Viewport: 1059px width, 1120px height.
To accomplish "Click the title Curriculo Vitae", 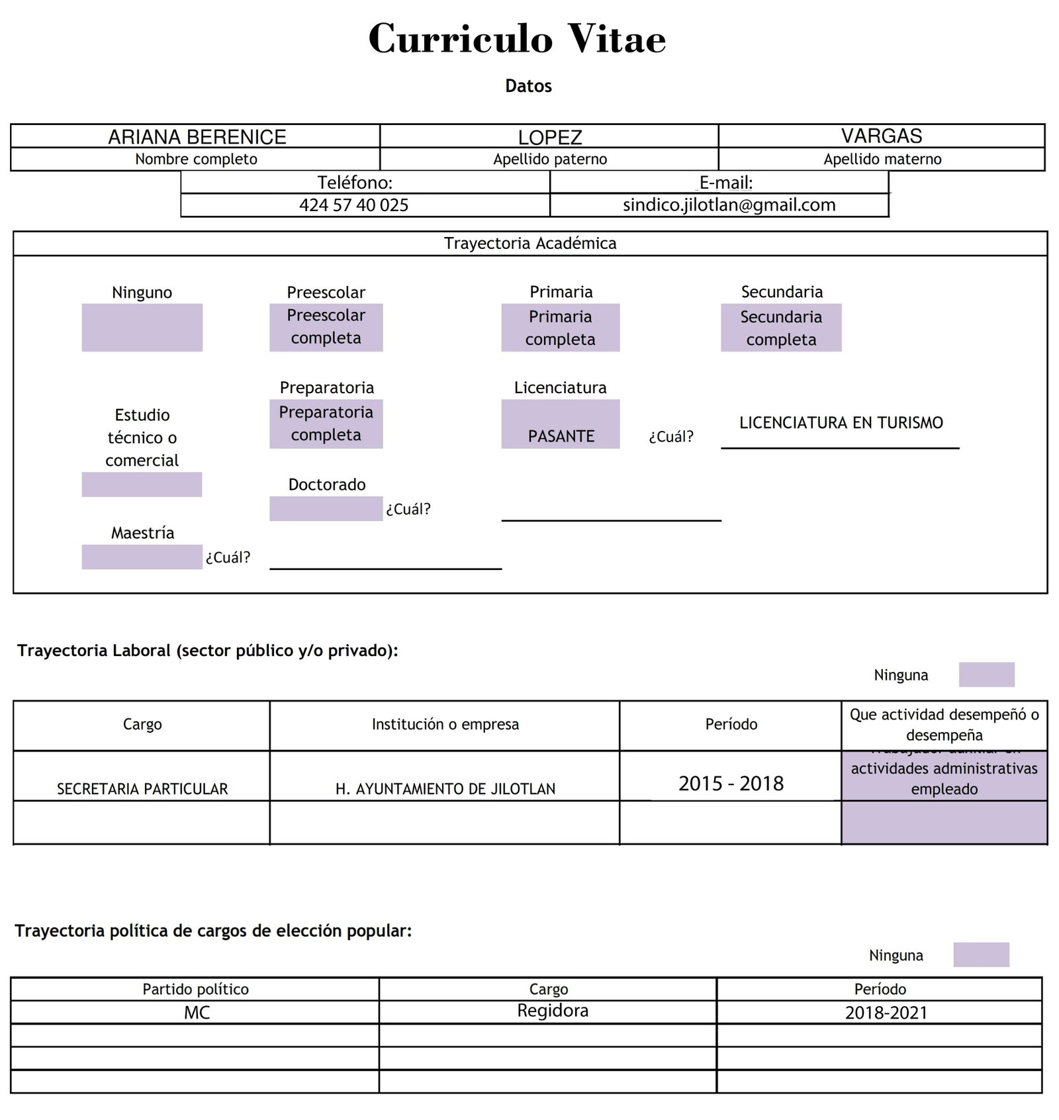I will click(517, 38).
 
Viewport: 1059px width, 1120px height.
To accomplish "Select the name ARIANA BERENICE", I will click(197, 137).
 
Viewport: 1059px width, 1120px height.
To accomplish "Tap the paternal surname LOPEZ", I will click(549, 138).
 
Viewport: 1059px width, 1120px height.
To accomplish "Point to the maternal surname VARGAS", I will click(882, 136).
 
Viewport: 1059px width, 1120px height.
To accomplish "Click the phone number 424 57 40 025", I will click(353, 205).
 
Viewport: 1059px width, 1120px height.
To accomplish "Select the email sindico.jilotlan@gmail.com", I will click(729, 205).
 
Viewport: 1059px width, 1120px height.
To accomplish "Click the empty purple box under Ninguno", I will click(142, 328).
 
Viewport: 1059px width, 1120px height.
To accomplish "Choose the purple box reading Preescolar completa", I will click(326, 327).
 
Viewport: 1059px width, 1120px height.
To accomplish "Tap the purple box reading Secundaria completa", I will click(781, 328).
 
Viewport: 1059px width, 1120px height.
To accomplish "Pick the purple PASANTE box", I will click(561, 424).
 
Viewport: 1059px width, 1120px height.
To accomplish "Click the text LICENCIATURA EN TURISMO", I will click(841, 423).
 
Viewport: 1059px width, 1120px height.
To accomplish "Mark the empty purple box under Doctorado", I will click(326, 509).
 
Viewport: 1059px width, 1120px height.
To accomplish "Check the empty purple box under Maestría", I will click(142, 557).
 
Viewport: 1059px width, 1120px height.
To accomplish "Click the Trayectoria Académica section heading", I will click(529, 244).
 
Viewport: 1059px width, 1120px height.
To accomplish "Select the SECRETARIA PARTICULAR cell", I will click(142, 788).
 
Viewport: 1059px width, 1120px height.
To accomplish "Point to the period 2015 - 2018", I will click(731, 784).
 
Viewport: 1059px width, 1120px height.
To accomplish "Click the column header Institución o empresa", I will click(445, 725).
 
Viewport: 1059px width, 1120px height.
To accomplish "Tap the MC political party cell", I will click(197, 1013).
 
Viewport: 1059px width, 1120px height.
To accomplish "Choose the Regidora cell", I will click(552, 1011).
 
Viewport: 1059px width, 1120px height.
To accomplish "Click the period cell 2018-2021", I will click(886, 1013).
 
